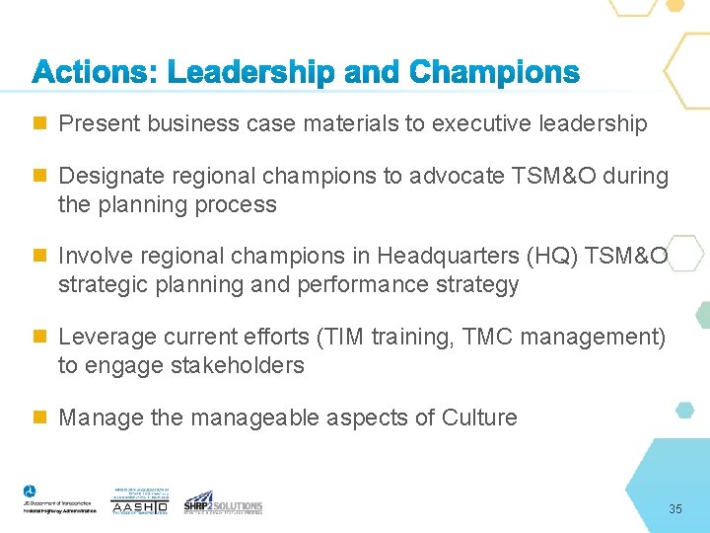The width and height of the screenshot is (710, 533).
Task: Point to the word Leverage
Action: click(x=102, y=338)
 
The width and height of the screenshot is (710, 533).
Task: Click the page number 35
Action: click(x=675, y=509)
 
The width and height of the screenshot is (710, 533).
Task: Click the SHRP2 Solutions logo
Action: click(x=223, y=502)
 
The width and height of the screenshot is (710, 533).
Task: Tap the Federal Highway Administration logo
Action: click(x=58, y=499)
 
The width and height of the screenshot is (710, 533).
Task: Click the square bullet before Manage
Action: click(x=39, y=418)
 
